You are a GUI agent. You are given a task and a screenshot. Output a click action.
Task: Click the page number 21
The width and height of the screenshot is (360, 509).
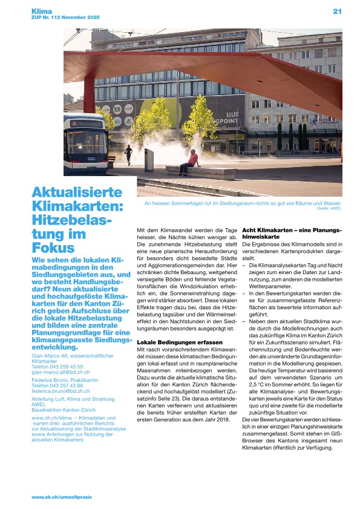coord(338,11)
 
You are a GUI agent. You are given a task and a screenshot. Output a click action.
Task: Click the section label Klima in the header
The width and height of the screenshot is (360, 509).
coord(43,11)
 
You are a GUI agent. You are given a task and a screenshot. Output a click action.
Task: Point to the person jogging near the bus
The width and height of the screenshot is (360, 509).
coord(128,154)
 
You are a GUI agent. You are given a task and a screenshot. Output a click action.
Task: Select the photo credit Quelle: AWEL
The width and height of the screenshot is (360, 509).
coord(329,208)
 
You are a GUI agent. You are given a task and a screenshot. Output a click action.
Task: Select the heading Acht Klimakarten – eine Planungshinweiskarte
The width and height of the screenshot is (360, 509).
coord(292,234)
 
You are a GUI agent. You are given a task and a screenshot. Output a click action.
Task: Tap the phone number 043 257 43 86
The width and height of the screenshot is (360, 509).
coord(67,386)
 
